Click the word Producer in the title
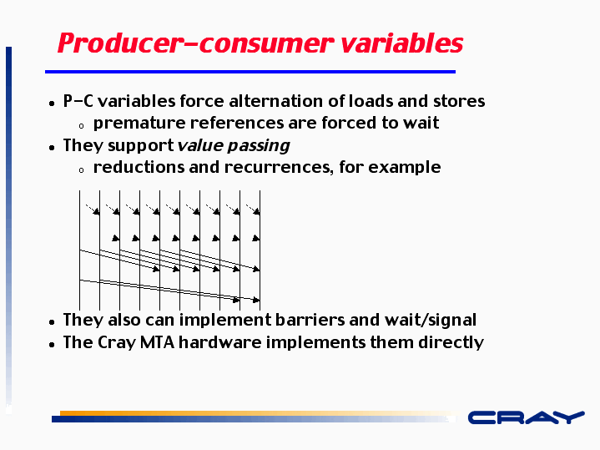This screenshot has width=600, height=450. [120, 43]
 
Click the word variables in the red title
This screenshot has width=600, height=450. [401, 43]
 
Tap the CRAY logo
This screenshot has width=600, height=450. [527, 417]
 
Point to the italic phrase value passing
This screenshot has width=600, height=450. [234, 146]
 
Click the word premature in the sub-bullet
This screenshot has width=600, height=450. [139, 124]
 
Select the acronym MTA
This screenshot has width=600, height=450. [157, 342]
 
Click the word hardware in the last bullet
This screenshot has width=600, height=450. [220, 342]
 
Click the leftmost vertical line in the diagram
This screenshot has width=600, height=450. [79, 250]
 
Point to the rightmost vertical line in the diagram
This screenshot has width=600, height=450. [260, 250]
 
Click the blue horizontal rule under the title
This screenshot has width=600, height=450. [250, 72]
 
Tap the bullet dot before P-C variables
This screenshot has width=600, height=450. [52, 104]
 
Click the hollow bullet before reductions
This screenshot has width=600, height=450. [81, 170]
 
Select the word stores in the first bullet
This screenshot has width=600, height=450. [459, 101]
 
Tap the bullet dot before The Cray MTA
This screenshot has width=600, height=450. [52, 345]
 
